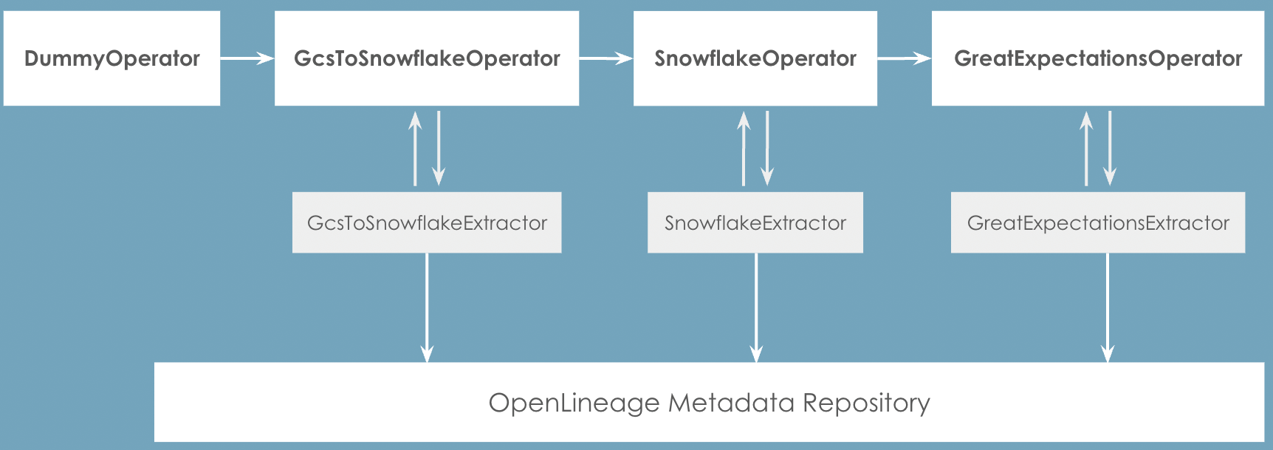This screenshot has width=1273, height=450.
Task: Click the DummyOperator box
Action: [111, 58]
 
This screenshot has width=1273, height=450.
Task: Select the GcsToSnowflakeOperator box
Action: [427, 58]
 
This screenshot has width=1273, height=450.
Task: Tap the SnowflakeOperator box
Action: [755, 58]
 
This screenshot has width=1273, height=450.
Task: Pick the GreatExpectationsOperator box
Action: [1097, 58]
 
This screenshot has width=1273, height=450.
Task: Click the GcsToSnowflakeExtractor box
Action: [427, 222]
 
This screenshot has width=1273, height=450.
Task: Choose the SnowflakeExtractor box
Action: [755, 222]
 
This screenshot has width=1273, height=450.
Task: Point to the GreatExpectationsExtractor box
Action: [1097, 222]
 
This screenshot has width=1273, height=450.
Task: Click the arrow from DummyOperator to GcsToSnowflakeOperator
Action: [247, 58]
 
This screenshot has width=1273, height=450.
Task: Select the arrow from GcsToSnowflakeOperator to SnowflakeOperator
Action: [606, 58]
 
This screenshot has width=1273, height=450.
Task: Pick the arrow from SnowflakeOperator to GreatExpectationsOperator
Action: [905, 58]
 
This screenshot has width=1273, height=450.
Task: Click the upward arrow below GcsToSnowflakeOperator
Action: [415, 148]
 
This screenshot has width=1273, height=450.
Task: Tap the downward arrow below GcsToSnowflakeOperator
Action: [439, 148]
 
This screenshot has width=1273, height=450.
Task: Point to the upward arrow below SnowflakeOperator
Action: [744, 148]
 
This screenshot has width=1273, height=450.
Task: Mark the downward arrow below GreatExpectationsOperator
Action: [1109, 148]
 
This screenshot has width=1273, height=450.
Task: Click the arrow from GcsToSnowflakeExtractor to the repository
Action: [427, 307]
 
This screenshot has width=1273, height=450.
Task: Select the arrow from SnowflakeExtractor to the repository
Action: [756, 307]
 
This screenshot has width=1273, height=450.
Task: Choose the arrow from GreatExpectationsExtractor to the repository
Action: [1107, 307]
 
